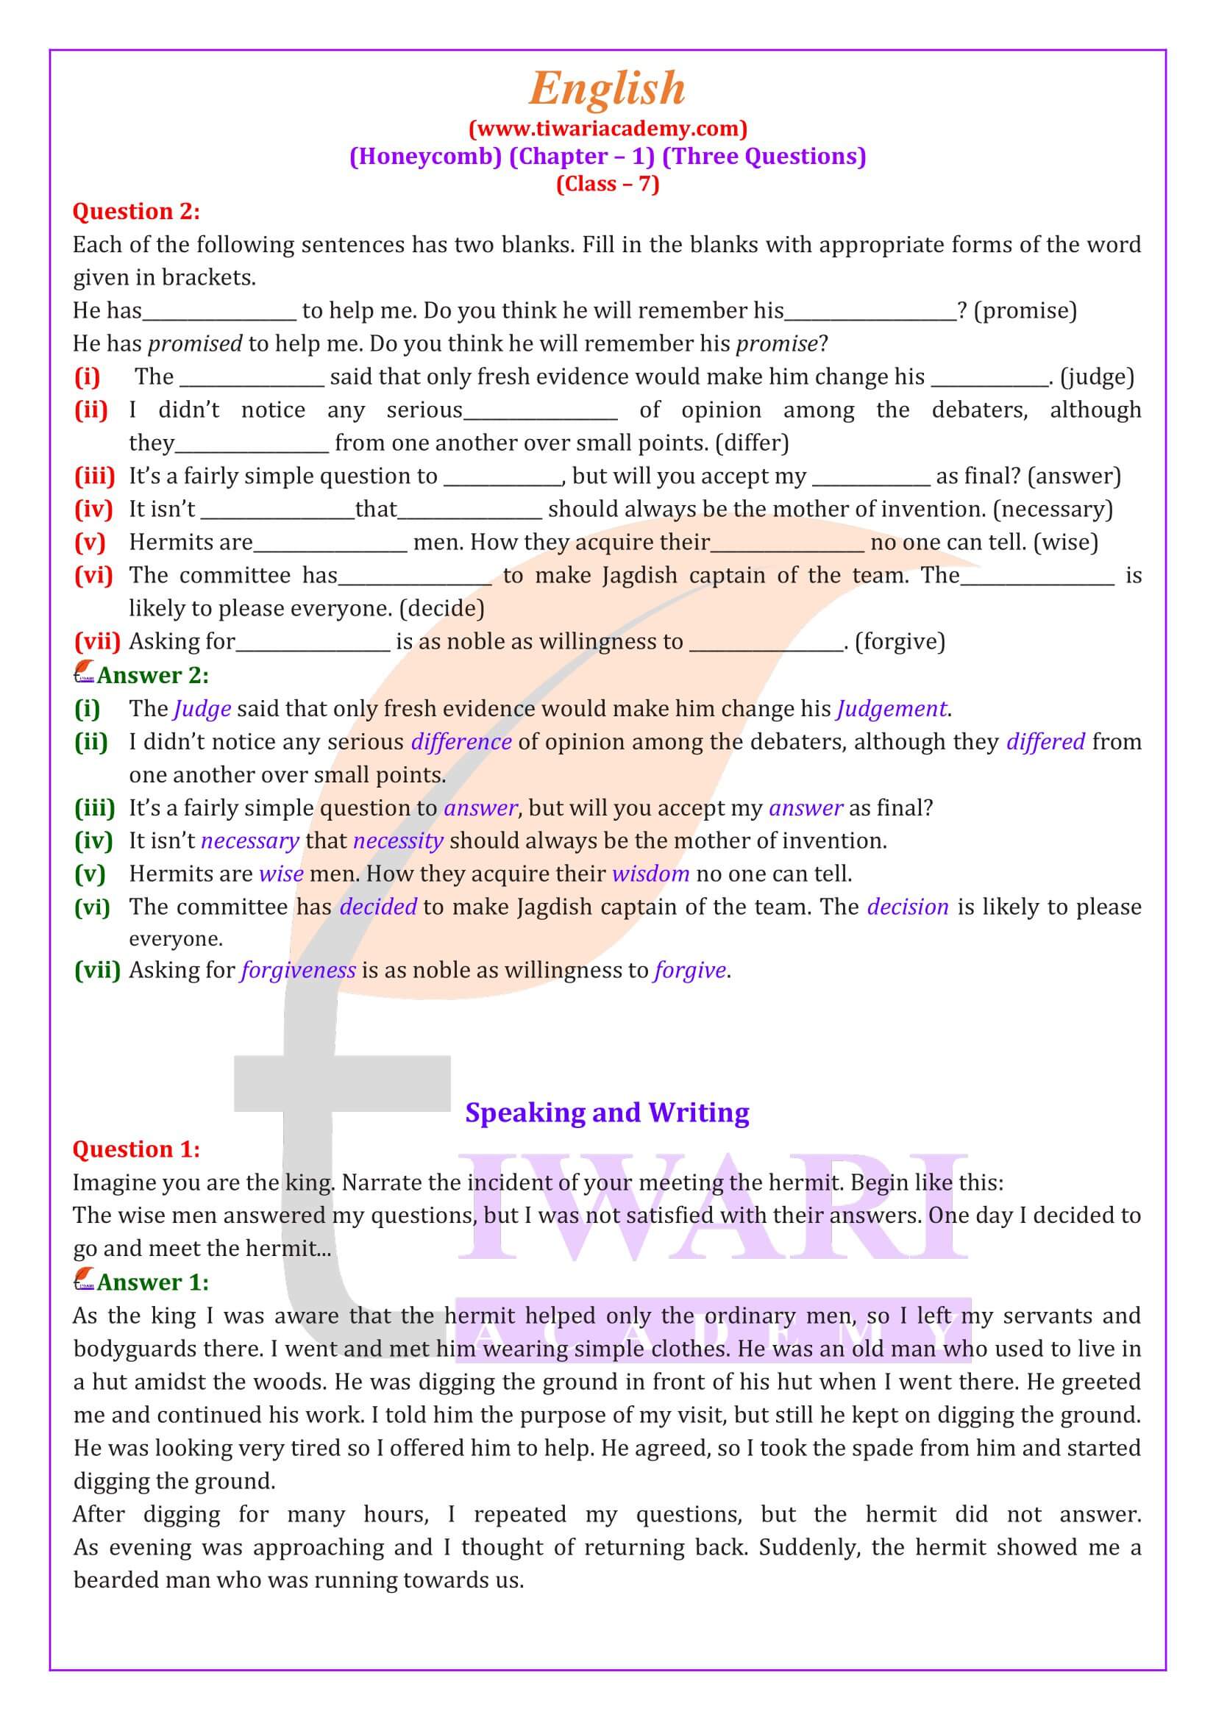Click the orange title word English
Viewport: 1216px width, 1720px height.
(x=607, y=89)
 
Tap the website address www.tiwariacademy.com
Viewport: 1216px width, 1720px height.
(x=608, y=129)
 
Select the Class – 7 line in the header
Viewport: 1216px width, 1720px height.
(x=608, y=185)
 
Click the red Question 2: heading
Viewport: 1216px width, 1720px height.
(x=136, y=212)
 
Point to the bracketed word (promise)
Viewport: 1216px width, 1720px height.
(x=1026, y=311)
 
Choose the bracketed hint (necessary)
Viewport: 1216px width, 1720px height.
(x=1053, y=510)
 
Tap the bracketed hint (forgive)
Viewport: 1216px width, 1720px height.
(x=900, y=642)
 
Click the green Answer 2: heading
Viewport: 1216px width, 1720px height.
(x=153, y=676)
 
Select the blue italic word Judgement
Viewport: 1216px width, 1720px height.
(x=892, y=709)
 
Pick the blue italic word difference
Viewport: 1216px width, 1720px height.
(x=461, y=742)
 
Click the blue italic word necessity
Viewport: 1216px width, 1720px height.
(x=398, y=841)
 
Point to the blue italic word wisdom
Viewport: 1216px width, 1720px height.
(x=650, y=874)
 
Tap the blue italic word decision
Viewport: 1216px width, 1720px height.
(x=907, y=907)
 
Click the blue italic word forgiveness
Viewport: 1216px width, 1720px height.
(x=297, y=971)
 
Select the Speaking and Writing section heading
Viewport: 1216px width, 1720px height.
(x=607, y=1113)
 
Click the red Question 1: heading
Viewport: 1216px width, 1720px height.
(x=136, y=1150)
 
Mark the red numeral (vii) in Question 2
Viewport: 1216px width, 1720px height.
(x=97, y=642)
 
